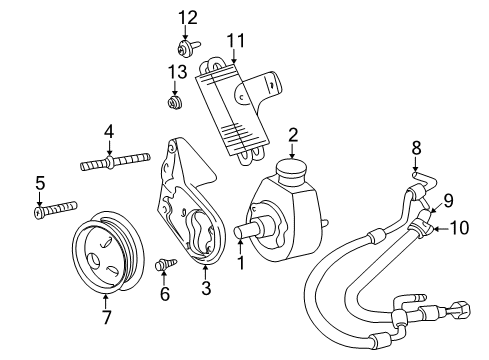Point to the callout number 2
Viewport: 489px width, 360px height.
tap(292, 134)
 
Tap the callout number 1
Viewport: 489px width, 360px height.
tap(240, 265)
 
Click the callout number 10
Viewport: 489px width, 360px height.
tap(459, 229)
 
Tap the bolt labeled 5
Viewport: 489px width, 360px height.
tap(55, 209)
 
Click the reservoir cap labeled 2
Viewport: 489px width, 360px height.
tap(292, 168)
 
